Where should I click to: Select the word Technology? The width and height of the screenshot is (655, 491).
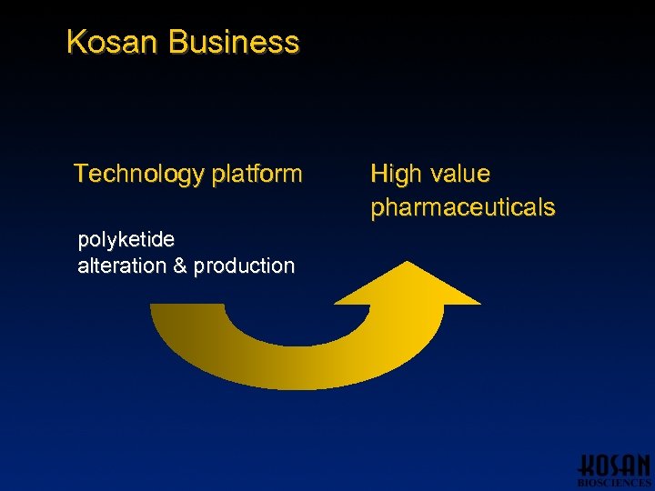point(137,174)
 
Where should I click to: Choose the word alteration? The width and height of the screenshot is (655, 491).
point(121,266)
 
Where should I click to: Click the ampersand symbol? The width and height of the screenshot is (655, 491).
point(178,266)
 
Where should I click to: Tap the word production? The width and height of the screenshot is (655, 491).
point(244,266)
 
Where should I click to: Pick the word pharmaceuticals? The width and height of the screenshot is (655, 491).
point(462,207)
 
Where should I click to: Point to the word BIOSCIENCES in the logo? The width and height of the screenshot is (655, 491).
point(614,483)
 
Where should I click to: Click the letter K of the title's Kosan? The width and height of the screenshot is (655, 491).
point(76,42)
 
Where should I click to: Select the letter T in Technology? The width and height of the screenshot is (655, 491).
point(80,174)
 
